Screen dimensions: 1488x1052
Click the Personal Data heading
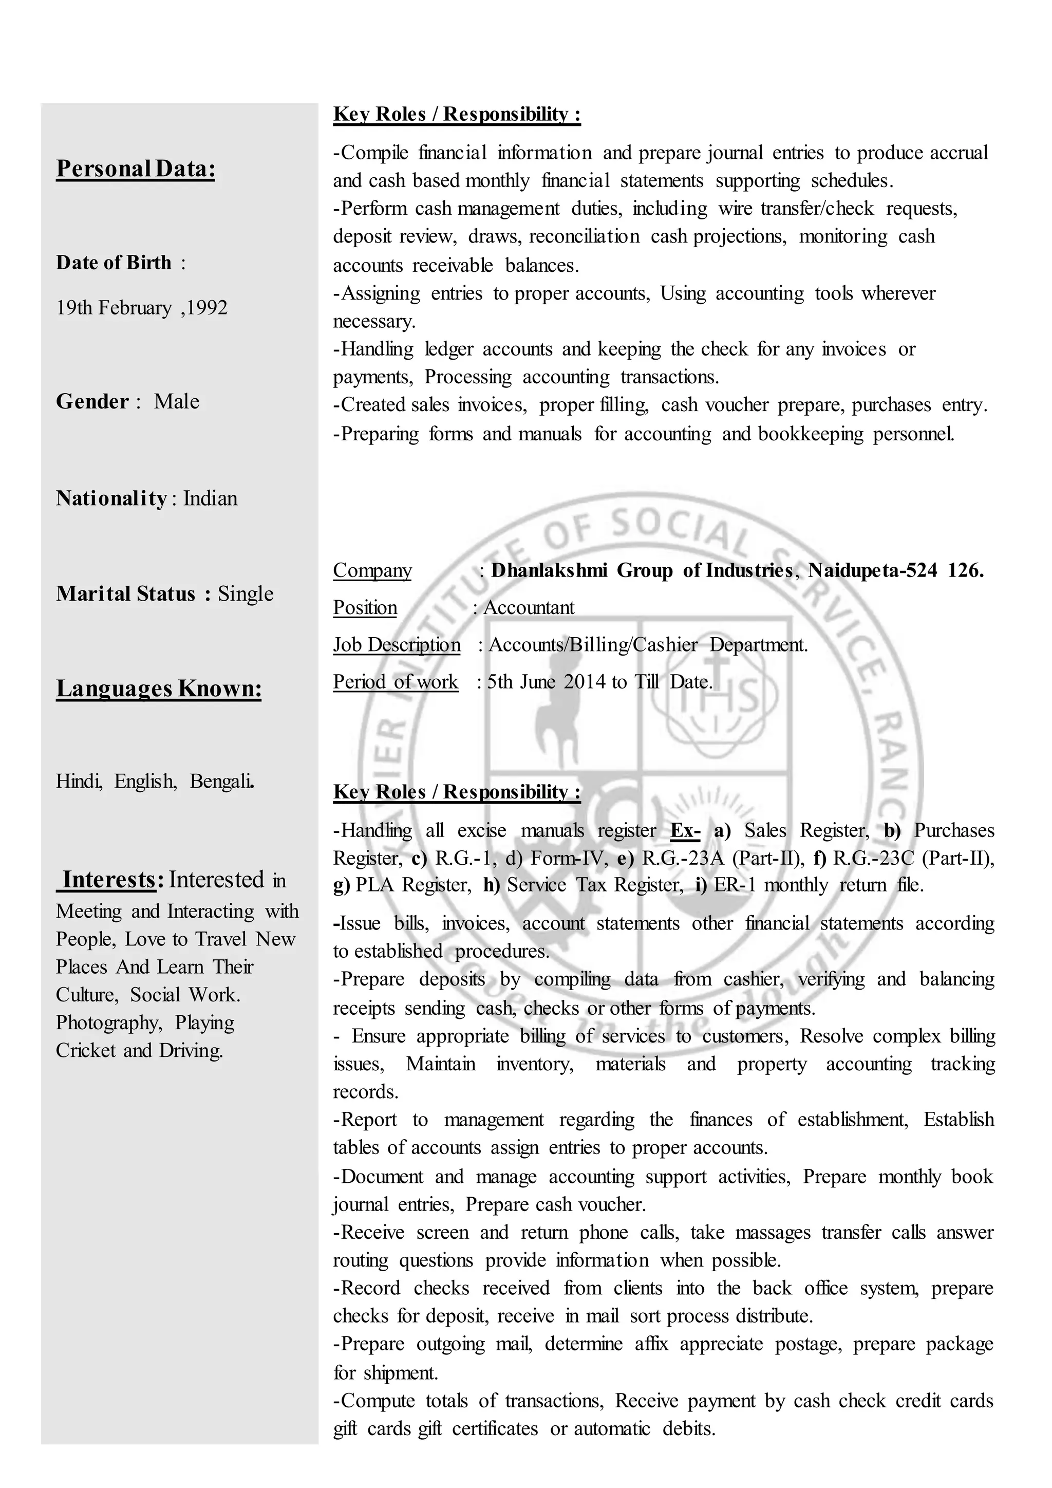tap(136, 169)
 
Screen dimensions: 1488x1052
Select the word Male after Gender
tap(176, 401)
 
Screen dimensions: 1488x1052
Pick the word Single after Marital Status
tap(246, 593)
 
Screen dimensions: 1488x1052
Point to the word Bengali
tap(221, 781)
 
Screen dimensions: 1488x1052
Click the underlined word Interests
tap(109, 880)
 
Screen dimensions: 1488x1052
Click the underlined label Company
tap(372, 570)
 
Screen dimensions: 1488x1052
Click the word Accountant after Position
tap(529, 607)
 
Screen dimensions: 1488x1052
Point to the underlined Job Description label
tap(397, 645)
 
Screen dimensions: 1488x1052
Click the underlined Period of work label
tap(396, 682)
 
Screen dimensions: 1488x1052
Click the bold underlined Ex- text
tap(685, 830)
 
